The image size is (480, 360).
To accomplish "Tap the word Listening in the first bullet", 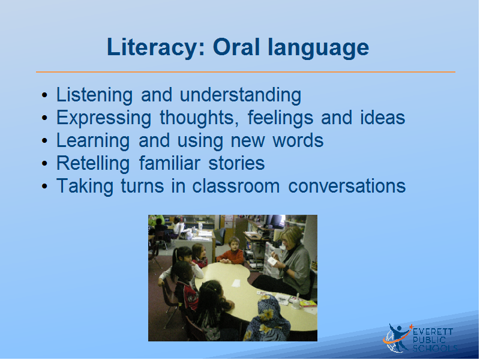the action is coord(94,95).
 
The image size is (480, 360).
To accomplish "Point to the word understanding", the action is coord(241,95).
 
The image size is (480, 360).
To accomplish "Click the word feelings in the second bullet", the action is coord(280,118).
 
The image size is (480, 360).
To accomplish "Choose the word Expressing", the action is coord(104,118).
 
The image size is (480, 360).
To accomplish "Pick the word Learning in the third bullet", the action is coord(93,141).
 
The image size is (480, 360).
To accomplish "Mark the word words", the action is coord(298,141).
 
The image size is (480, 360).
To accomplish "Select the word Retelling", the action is coord(93,163).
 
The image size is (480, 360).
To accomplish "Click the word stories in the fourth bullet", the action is coord(236,163).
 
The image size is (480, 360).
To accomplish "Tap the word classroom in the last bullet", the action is coord(236,186).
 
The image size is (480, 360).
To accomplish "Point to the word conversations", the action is coord(347,186).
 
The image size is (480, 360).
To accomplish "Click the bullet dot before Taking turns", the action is coord(44,186).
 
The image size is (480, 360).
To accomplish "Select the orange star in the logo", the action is coord(411,327).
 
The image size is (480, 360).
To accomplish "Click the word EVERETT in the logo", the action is coord(433,332).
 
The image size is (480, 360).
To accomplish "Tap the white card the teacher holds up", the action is coord(272,261).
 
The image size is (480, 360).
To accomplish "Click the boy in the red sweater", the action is coord(232,251).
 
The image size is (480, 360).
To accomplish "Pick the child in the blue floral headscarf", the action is coord(267,319).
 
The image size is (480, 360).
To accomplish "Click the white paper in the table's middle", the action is coord(236,283).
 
